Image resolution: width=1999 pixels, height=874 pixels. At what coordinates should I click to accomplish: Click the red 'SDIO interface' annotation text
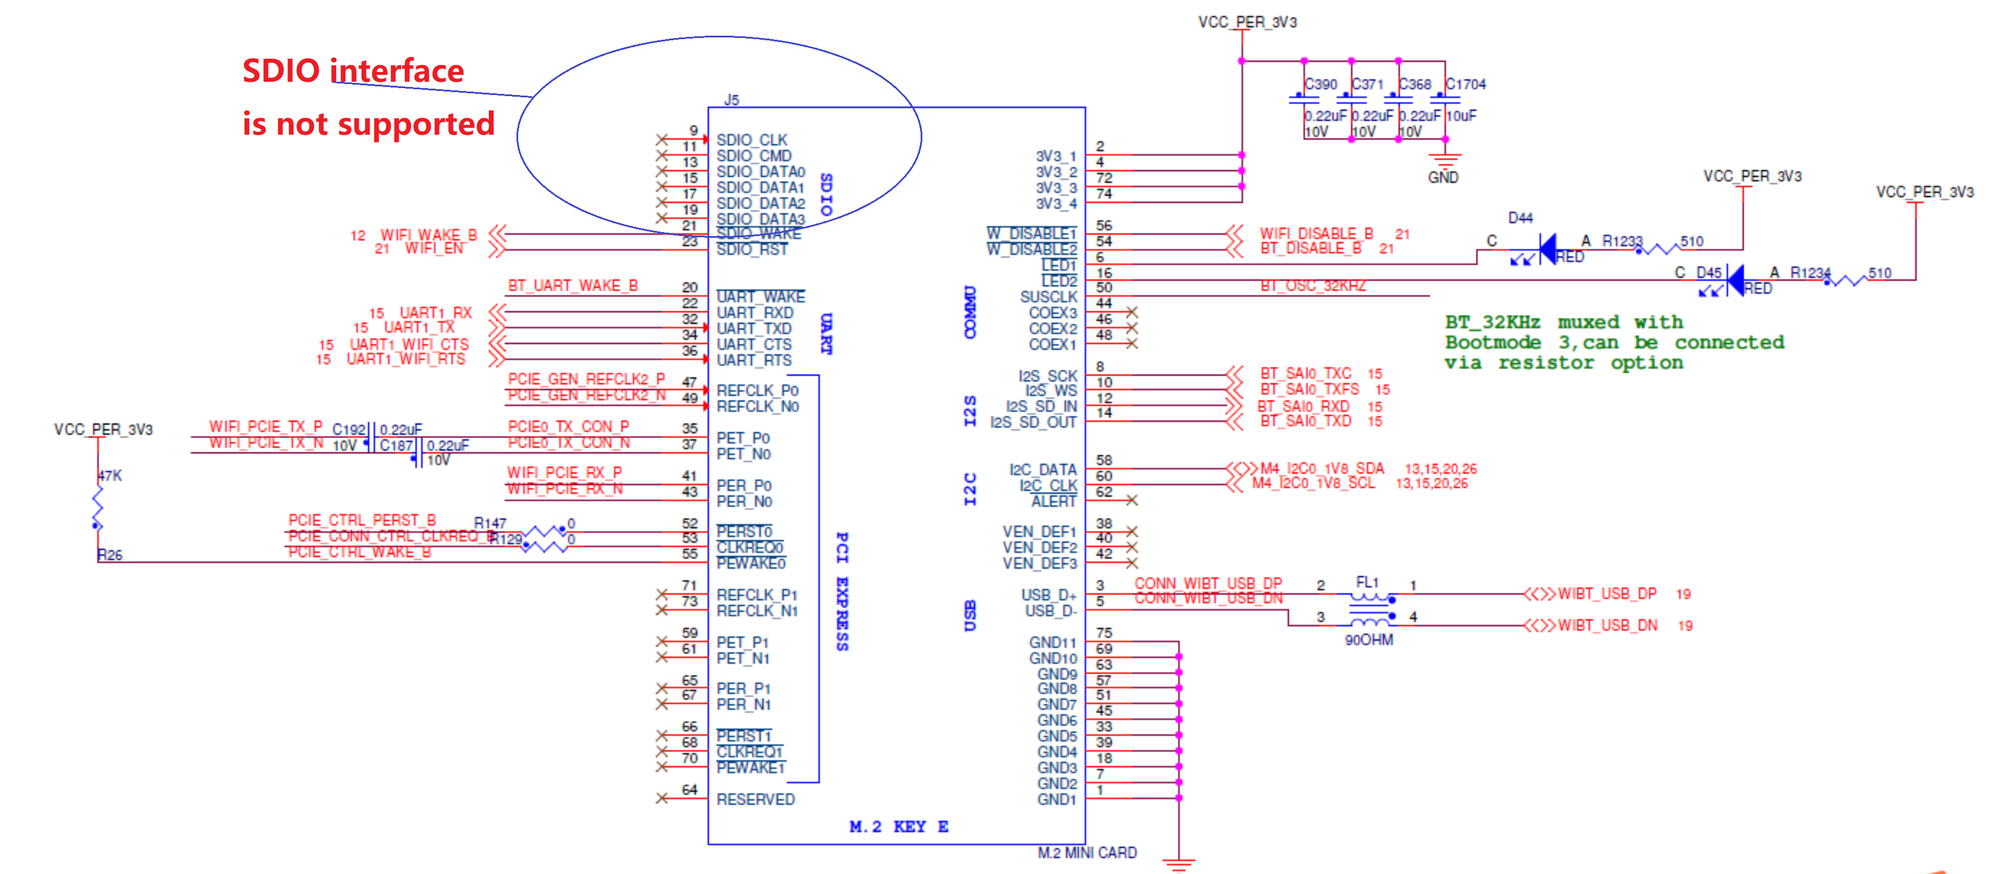click(353, 71)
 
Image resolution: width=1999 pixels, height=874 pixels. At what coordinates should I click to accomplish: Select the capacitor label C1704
click(1465, 84)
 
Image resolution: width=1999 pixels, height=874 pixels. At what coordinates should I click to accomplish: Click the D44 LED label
click(1520, 218)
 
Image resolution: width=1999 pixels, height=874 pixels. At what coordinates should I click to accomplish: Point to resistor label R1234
click(1810, 272)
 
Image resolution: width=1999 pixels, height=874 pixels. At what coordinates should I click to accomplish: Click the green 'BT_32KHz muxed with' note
click(1563, 322)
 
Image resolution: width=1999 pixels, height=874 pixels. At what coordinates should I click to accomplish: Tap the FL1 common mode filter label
click(1367, 582)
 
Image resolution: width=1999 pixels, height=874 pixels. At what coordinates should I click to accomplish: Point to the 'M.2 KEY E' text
click(899, 827)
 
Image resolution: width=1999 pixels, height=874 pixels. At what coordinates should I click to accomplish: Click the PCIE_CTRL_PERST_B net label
click(362, 520)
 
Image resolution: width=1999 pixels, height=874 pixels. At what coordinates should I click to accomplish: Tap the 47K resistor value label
click(109, 475)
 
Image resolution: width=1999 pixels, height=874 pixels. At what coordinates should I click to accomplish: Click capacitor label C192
click(348, 430)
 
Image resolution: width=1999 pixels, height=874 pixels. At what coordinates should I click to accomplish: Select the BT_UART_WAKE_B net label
click(573, 286)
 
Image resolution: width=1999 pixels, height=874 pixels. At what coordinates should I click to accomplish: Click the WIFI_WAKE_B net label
click(428, 234)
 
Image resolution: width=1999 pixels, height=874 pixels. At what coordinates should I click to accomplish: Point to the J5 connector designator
click(731, 100)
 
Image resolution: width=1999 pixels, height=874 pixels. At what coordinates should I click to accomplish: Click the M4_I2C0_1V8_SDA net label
click(1321, 468)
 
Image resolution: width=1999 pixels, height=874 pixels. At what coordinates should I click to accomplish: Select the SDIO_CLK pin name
click(751, 140)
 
